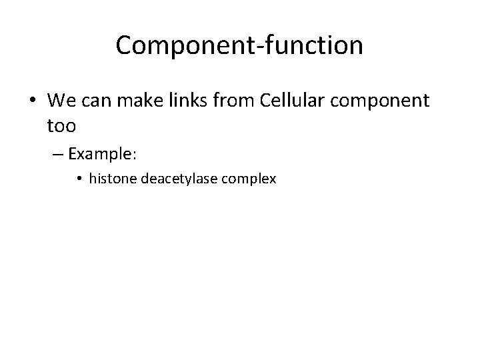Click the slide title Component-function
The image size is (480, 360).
pos(239,45)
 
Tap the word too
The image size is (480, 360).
pos(63,125)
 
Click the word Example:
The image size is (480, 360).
pos(102,154)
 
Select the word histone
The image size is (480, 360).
pos(111,179)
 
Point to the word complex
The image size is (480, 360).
pos(251,180)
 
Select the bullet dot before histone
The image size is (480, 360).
pos(80,179)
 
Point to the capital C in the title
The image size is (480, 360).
pos(124,45)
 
